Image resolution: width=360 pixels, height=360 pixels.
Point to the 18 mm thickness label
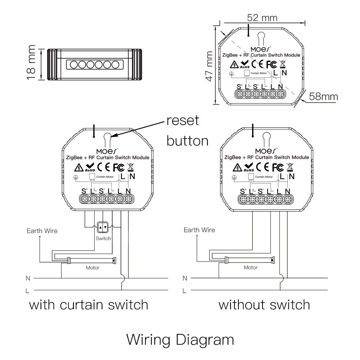(32, 63)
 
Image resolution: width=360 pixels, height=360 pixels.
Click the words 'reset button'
(187, 131)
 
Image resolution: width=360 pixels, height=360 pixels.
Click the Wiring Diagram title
(180, 339)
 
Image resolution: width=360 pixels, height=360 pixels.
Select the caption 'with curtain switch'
(88, 305)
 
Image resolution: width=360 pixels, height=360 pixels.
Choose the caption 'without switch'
(264, 305)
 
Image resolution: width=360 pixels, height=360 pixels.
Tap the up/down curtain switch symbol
(103, 227)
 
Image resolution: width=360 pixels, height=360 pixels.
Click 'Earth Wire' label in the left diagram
(42, 231)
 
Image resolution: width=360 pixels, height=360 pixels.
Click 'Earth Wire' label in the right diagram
(199, 230)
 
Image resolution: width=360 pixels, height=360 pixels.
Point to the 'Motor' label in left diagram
(92, 268)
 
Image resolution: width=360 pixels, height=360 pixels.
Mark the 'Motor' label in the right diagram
(250, 267)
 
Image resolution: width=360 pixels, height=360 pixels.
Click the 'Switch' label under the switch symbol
(104, 238)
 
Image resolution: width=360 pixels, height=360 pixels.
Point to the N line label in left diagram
(28, 278)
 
